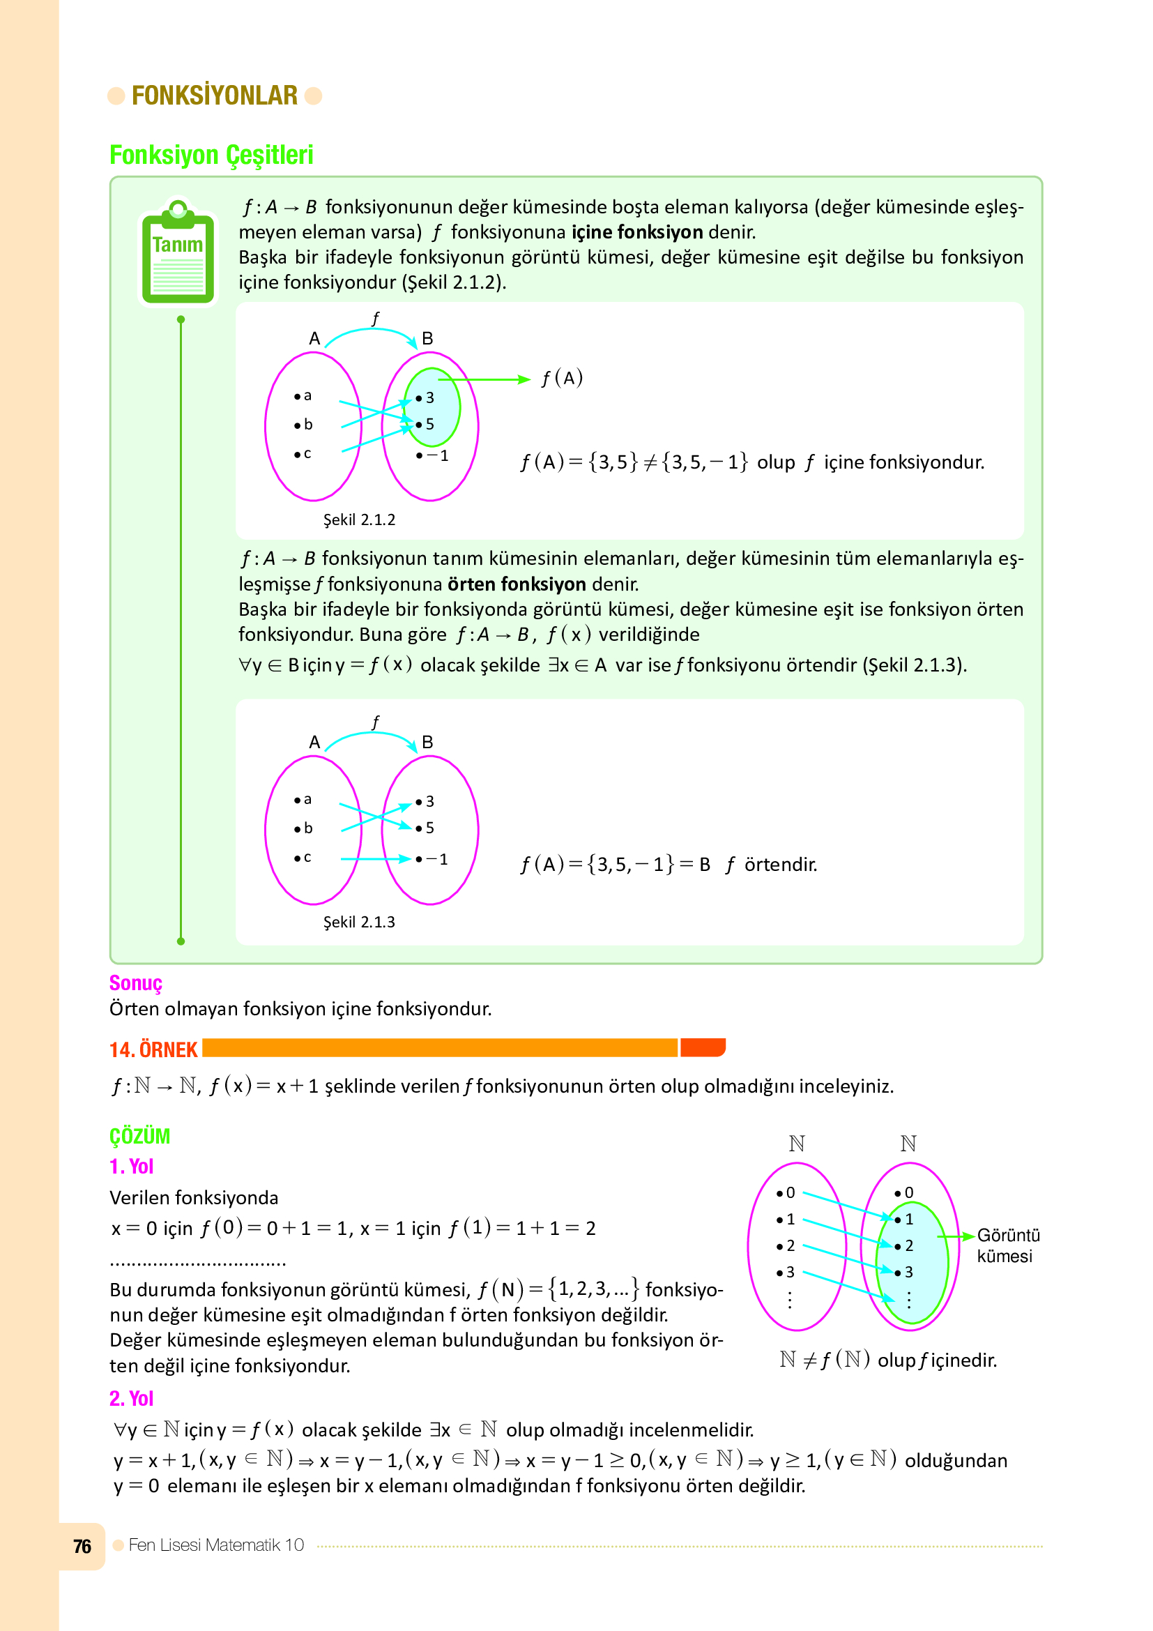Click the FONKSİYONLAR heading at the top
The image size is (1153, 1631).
coord(215,96)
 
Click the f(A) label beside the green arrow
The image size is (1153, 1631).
coord(562,377)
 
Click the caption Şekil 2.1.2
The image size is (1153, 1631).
coord(359,520)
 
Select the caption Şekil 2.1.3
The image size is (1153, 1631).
coord(359,922)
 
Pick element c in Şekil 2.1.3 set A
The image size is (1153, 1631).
coord(304,858)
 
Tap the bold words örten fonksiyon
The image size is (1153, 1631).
coord(517,584)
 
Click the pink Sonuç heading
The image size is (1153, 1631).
coord(136,983)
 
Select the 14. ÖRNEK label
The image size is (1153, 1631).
coord(153,1049)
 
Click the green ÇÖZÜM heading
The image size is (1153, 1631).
coord(140,1136)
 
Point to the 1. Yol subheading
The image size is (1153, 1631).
coord(131,1167)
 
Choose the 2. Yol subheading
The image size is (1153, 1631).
coord(131,1399)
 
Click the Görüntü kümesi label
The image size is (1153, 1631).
coord(1007,1245)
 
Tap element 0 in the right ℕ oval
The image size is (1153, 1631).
coord(906,1192)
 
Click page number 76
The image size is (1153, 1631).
coord(82,1547)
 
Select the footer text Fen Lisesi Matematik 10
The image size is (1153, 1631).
coord(216,1545)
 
